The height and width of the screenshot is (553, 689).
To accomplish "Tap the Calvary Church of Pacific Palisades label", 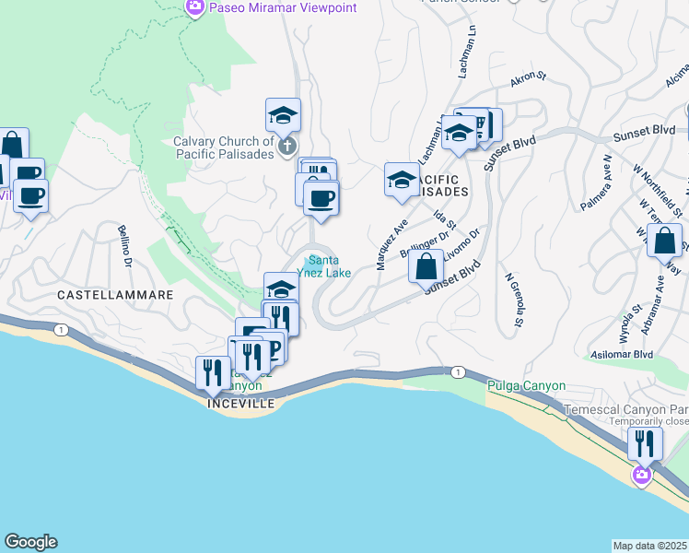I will coord(224,147).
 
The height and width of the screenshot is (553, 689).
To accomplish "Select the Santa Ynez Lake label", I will coord(329,266).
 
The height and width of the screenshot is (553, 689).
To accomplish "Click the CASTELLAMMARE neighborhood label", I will coord(115,295).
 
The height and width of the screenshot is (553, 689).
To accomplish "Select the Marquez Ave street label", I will coord(391,243).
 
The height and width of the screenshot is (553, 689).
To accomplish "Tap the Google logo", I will coord(30,542).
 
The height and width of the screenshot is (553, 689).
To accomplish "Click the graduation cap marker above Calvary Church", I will coord(283,115).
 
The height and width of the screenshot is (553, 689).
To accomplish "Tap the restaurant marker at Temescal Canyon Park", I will coord(645,443).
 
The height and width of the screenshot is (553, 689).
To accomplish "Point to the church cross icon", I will coord(286,146).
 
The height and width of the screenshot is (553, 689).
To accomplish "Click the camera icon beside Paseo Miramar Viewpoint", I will coord(194,8).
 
